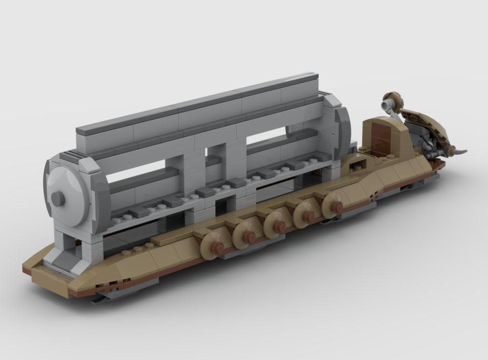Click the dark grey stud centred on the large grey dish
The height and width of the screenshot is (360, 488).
(58, 198)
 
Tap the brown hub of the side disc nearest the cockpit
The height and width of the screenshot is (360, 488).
(337, 207)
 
